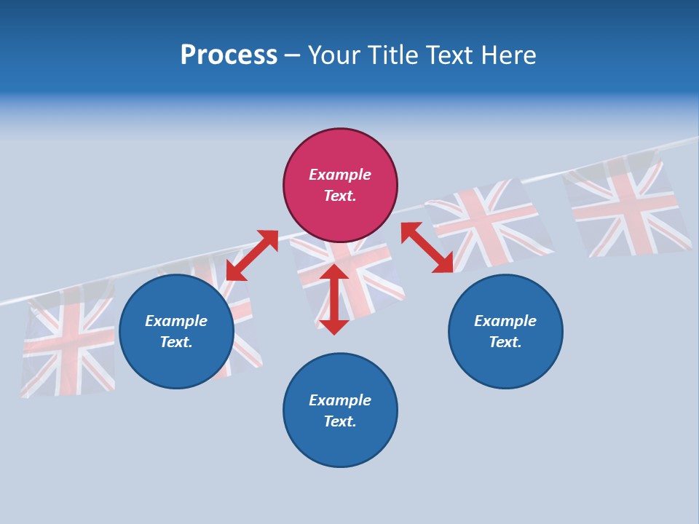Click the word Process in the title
point(229,55)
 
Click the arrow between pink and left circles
point(252,255)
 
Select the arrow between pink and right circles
point(427,247)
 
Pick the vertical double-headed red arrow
point(334,299)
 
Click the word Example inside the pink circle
point(340,175)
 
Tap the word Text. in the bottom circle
point(340,421)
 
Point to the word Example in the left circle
point(176,321)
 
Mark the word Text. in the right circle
point(505,342)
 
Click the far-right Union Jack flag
point(628,205)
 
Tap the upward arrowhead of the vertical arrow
point(334,272)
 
